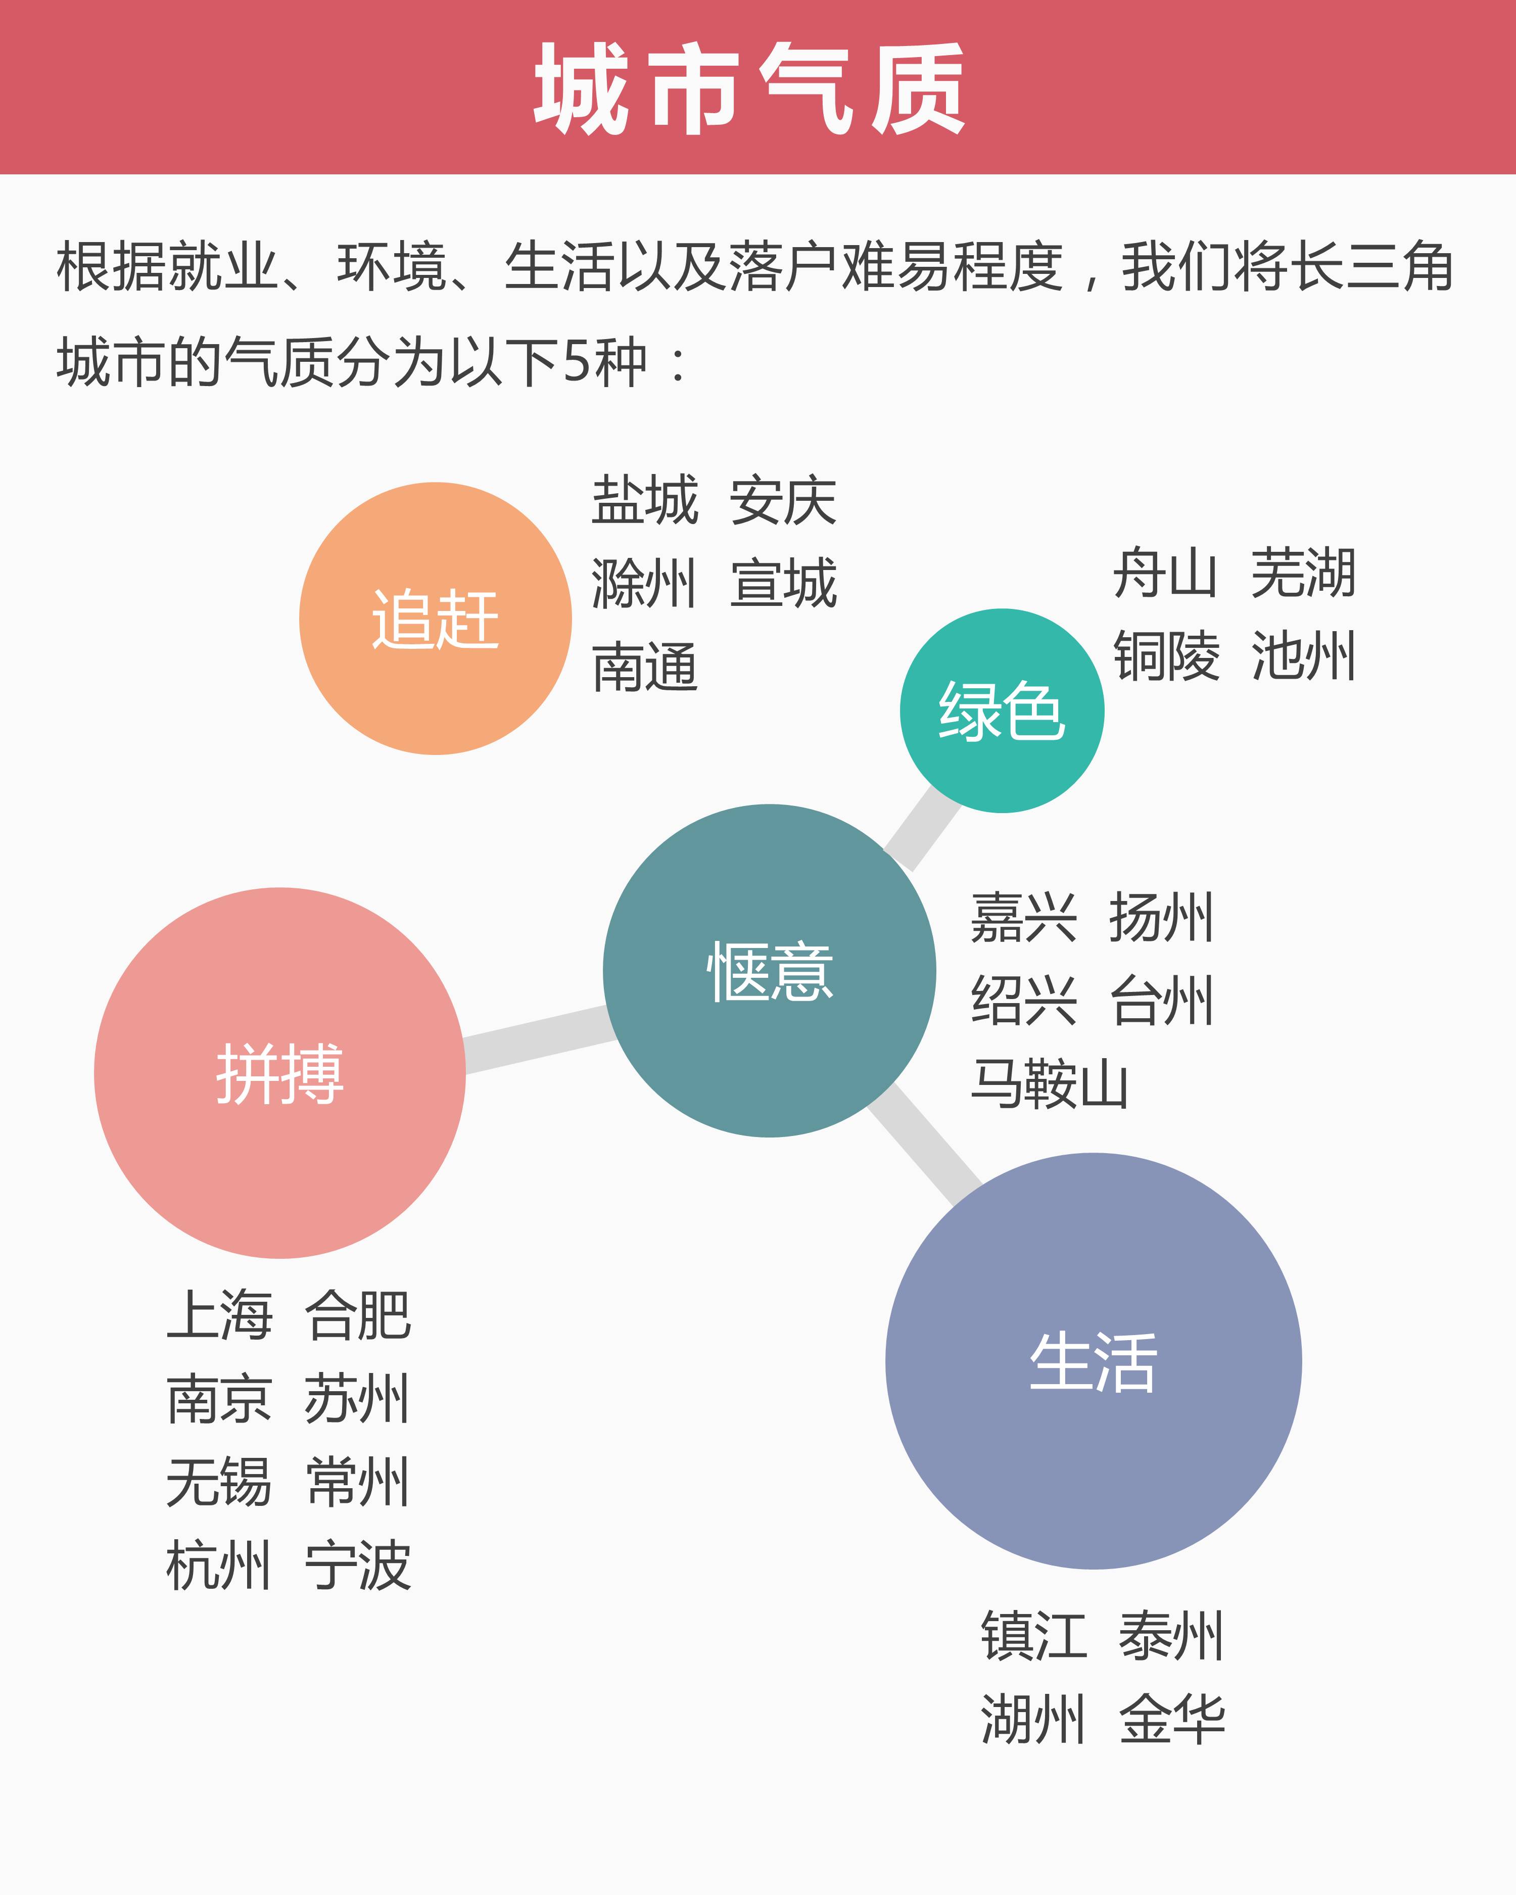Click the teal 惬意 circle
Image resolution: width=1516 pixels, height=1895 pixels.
[x=769, y=970]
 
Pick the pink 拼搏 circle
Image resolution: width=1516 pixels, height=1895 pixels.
[x=279, y=1072]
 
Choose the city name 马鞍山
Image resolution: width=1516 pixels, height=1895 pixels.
[x=1050, y=1084]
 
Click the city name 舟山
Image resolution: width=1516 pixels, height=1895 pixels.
[x=1165, y=573]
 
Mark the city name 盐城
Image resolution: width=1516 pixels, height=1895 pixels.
[x=645, y=500]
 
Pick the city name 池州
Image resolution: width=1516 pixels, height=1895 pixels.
[x=1303, y=656]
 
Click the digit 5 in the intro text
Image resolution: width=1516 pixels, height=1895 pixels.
[x=578, y=361]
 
